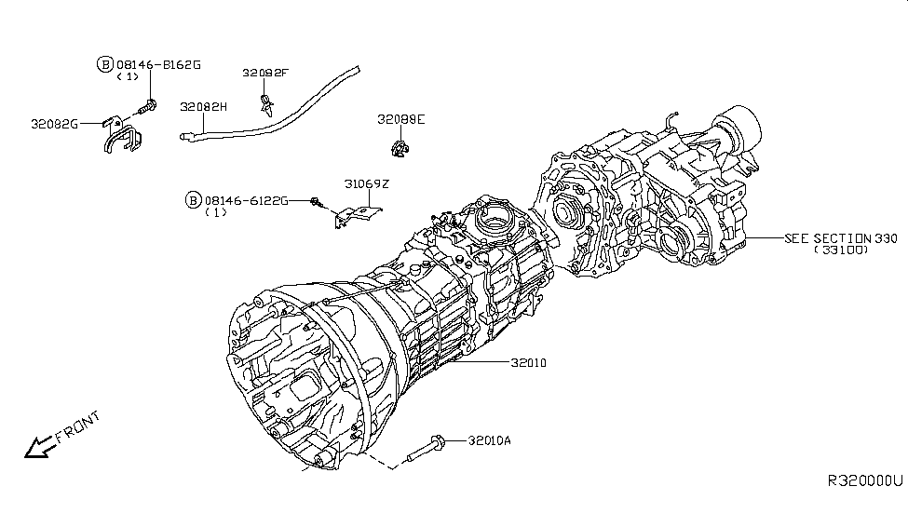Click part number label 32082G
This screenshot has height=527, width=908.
click(x=55, y=123)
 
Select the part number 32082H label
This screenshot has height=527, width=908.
click(x=204, y=108)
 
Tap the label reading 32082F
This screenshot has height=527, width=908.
click(x=266, y=73)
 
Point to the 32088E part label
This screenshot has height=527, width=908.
click(x=400, y=119)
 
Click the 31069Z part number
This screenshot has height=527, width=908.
click(x=366, y=184)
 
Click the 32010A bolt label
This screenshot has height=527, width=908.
click(x=490, y=441)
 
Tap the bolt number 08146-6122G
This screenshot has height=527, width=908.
click(x=246, y=200)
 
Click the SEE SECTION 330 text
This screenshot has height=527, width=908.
click(x=841, y=238)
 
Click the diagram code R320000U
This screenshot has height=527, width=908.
click(x=865, y=481)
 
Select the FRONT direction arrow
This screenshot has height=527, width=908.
click(x=39, y=448)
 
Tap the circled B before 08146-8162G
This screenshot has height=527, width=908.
click(x=104, y=64)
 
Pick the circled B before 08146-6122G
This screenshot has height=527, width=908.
click(x=193, y=200)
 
